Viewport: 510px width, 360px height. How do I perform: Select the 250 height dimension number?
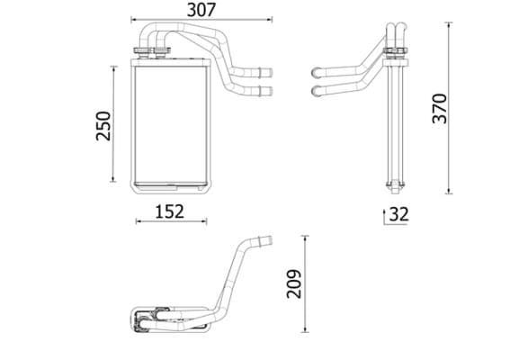click(x=103, y=124)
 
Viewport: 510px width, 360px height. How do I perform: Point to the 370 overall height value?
click(x=439, y=108)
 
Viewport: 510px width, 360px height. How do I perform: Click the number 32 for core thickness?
click(x=398, y=214)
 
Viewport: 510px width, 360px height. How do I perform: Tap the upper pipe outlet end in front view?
click(x=265, y=73)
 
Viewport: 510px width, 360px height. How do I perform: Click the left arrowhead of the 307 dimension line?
click(x=131, y=19)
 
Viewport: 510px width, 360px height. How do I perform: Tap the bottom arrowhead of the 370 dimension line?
click(x=449, y=191)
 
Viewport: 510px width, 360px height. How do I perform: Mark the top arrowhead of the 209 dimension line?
click(x=306, y=238)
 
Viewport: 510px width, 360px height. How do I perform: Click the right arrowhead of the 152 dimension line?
click(x=206, y=222)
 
